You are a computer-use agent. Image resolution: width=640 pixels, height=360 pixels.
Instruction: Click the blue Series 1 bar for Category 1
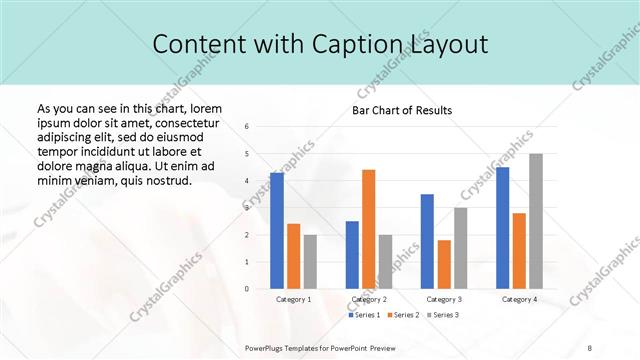coord(277,231)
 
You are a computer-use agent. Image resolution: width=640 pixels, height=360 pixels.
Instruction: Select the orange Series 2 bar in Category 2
coord(368,229)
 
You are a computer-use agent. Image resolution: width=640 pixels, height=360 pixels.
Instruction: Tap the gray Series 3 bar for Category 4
coord(536,221)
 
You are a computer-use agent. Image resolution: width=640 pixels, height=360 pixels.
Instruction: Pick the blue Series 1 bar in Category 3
coord(427,241)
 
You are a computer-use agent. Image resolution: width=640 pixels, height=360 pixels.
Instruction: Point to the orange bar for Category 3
coord(444,264)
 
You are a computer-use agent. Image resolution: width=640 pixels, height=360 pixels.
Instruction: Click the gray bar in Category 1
coord(310,262)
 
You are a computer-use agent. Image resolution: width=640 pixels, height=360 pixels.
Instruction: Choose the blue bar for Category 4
coord(502,228)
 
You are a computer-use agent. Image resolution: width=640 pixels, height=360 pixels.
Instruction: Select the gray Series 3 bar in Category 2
coord(385,262)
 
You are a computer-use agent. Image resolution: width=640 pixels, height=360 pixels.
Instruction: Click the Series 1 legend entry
coord(364,315)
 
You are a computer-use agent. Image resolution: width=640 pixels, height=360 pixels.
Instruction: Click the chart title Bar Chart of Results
coord(402,110)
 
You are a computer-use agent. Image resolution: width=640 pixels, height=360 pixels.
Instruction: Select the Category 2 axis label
coord(369,299)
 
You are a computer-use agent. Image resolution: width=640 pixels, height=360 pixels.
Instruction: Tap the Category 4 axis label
coord(519,299)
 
